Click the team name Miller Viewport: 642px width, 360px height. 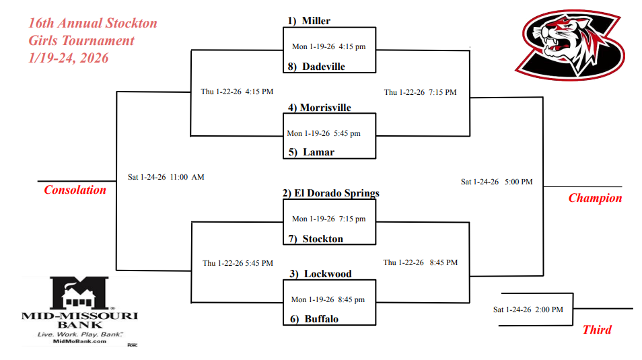click(x=316, y=21)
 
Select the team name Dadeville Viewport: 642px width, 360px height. click(x=323, y=67)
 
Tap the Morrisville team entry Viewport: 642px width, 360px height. click(x=326, y=108)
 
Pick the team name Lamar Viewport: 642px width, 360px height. click(x=318, y=152)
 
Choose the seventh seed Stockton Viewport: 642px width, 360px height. click(x=322, y=239)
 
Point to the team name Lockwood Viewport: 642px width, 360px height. click(x=328, y=274)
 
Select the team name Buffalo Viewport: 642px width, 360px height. click(x=321, y=319)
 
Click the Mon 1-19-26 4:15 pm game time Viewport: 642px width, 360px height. click(x=328, y=47)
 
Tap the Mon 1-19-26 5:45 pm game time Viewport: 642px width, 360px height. click(x=324, y=133)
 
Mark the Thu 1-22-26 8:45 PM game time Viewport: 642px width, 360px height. click(x=421, y=262)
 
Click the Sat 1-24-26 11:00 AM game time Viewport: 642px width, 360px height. click(x=166, y=177)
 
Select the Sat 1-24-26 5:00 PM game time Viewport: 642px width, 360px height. click(x=497, y=182)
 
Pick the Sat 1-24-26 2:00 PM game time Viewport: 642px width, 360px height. click(x=528, y=310)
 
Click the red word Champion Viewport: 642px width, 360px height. click(x=595, y=198)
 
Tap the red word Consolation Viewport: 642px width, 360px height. click(x=75, y=190)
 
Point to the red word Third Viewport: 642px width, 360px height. click(x=597, y=330)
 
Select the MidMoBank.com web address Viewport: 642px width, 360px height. click(x=79, y=341)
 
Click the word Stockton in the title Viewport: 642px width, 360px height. click(x=131, y=24)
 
